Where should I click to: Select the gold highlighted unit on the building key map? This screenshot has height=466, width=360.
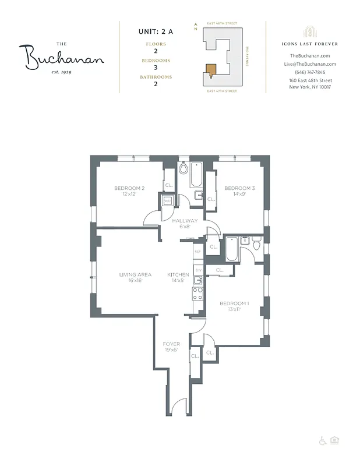211,70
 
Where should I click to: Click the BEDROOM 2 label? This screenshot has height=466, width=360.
129,188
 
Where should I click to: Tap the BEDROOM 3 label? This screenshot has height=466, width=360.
239,188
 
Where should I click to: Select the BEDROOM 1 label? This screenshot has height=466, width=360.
234,303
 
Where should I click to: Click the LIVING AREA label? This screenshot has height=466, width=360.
135,274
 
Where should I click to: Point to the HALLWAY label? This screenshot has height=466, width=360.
185,221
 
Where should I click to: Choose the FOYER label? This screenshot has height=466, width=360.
171,344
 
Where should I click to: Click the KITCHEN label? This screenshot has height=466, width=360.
178,274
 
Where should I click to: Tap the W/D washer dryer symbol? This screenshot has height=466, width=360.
167,201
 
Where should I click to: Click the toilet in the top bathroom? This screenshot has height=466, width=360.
183,169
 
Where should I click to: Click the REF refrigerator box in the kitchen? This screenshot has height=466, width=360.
197,251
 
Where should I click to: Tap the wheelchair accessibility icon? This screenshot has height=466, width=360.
322,441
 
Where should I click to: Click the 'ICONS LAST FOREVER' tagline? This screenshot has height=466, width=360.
310,44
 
